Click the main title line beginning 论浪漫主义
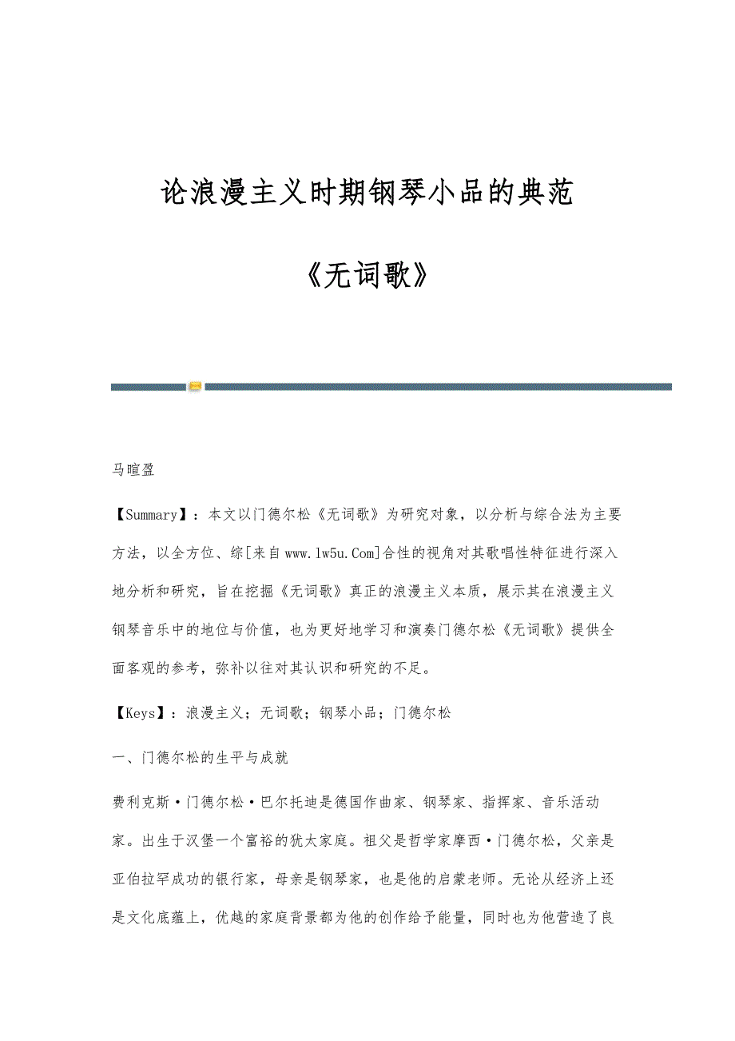click(x=367, y=193)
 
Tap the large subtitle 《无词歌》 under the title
click(x=367, y=276)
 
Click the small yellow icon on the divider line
click(x=195, y=387)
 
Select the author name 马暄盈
click(x=133, y=470)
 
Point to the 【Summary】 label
click(x=149, y=515)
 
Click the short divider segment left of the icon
click(x=149, y=387)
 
